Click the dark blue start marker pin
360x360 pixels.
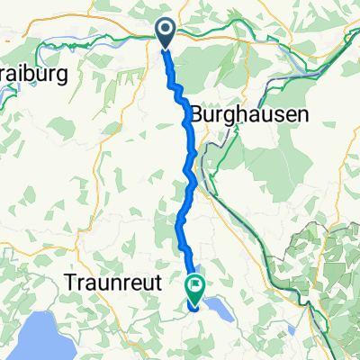[x=167, y=32]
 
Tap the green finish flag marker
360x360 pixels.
[x=195, y=286]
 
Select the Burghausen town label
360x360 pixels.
[x=249, y=114]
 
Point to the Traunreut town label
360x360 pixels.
[x=112, y=282]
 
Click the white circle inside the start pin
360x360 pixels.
[x=167, y=30]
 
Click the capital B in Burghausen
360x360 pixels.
[x=198, y=114]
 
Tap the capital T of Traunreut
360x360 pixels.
[x=71, y=282]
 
